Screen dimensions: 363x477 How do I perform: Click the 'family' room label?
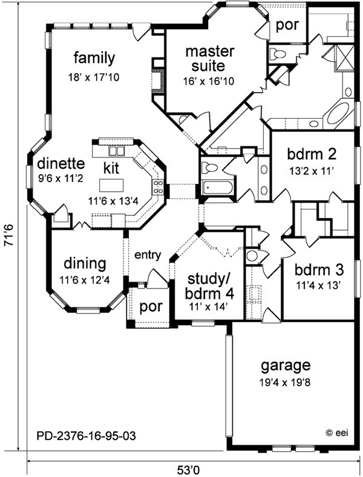click(x=94, y=58)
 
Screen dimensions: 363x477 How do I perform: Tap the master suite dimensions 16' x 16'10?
click(x=208, y=81)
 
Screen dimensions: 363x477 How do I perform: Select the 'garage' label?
click(x=286, y=366)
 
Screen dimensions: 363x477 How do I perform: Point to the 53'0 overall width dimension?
click(x=192, y=470)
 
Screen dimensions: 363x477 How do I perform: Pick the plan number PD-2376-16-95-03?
click(x=86, y=436)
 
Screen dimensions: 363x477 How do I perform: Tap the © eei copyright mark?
click(x=337, y=433)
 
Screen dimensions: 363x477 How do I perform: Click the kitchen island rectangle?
click(x=111, y=185)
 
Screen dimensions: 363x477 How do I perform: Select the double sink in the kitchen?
click(x=117, y=151)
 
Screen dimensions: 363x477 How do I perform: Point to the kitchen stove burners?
click(x=158, y=187)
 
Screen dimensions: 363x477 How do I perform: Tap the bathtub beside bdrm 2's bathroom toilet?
click(x=218, y=188)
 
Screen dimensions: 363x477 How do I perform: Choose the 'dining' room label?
click(x=85, y=265)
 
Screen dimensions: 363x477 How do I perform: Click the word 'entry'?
click(x=148, y=255)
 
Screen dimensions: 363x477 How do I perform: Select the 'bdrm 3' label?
click(x=319, y=270)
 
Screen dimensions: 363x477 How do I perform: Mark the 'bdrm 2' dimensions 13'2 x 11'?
click(x=312, y=170)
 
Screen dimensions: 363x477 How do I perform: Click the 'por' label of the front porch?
click(x=151, y=307)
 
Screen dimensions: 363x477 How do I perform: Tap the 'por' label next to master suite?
click(x=287, y=25)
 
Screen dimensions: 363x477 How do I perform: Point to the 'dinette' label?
click(x=60, y=163)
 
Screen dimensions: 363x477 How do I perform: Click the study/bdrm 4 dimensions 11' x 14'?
click(x=209, y=308)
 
